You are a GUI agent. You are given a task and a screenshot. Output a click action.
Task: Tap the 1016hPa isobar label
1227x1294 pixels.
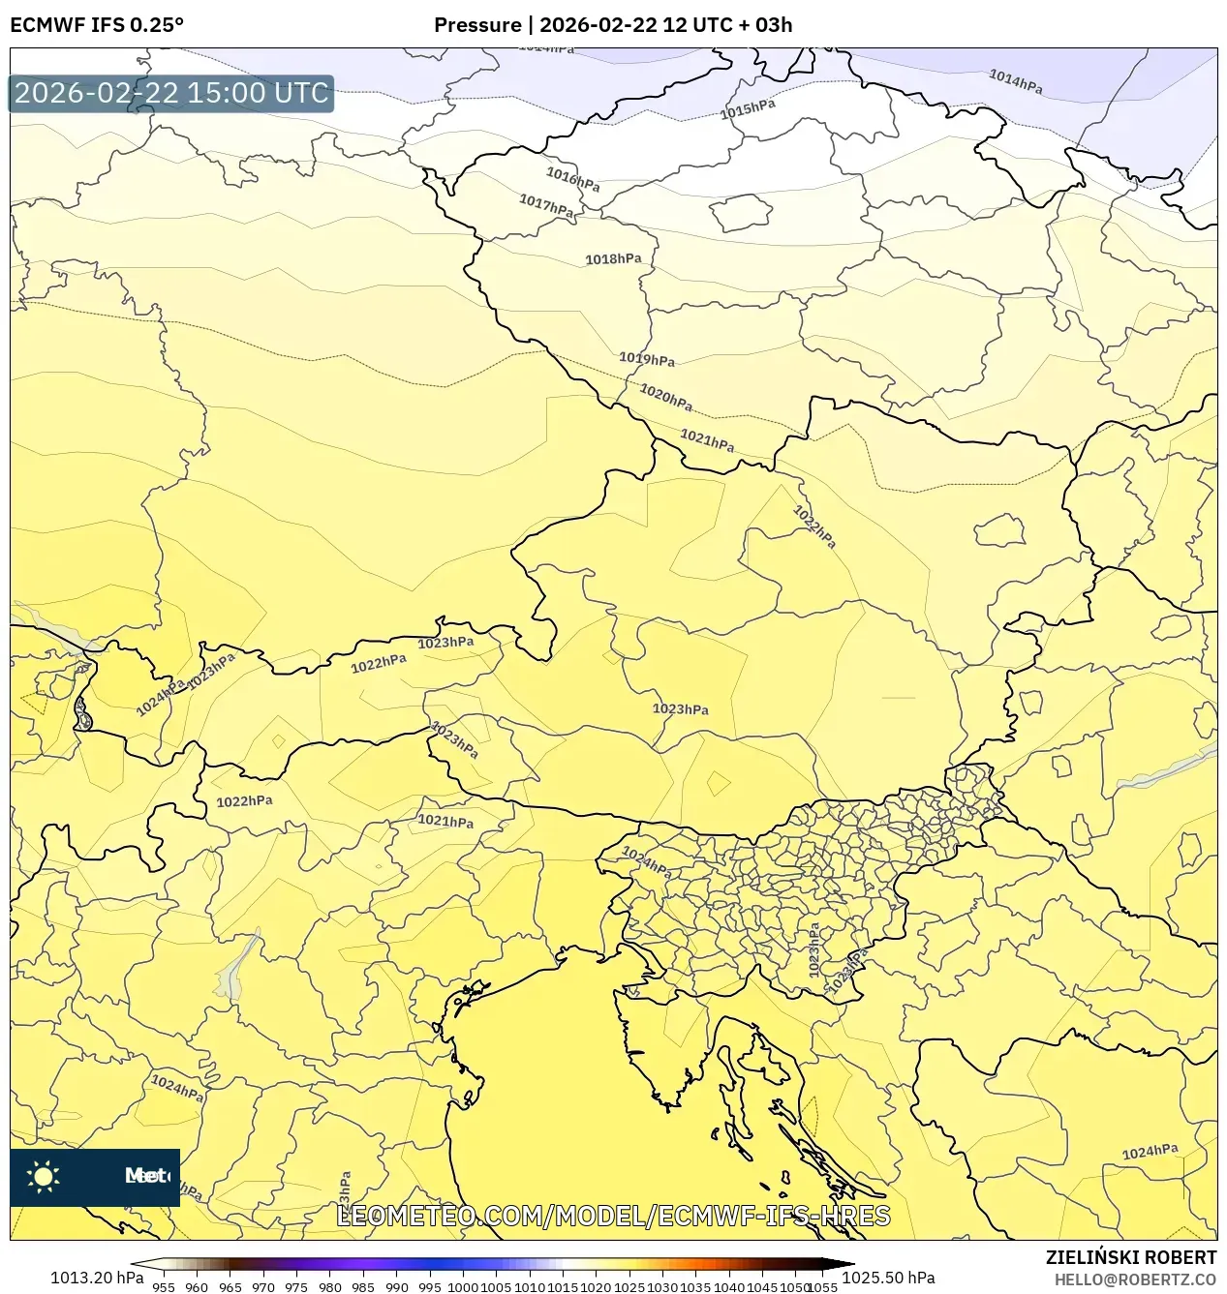point(572,179)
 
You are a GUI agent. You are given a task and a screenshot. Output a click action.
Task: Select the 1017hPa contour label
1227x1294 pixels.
point(546,205)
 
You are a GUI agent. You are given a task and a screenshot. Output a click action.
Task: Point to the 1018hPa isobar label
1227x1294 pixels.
point(613,259)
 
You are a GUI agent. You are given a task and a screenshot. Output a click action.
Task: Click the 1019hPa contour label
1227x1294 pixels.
point(647,359)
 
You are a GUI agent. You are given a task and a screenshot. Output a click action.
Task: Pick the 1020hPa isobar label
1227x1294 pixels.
point(666,397)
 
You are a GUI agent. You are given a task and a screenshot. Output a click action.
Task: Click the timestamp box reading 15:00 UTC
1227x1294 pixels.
point(171,93)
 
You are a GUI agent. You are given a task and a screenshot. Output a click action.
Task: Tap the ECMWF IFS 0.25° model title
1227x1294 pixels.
point(96,25)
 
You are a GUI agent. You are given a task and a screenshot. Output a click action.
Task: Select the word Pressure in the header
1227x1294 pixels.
point(476,25)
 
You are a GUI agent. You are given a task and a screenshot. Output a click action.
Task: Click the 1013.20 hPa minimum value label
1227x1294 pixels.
point(96,1278)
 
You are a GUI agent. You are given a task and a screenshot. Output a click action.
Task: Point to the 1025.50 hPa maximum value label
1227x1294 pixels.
point(888,1278)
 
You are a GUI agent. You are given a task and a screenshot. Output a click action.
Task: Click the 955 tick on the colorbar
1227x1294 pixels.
point(164,1287)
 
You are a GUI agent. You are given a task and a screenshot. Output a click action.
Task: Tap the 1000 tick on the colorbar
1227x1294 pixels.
point(463,1287)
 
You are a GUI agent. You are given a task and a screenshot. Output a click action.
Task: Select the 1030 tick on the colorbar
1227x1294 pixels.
point(662,1287)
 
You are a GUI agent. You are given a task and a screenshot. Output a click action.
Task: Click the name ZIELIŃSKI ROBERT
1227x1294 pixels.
point(1130,1257)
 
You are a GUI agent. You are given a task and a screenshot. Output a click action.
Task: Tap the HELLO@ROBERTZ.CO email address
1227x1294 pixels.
point(1135,1279)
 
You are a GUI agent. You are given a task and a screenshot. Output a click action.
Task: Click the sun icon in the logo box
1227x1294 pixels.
point(44,1177)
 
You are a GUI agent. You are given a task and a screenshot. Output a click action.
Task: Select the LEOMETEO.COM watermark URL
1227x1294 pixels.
point(613,1216)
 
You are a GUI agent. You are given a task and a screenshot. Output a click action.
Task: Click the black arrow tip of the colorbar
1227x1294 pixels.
point(844,1262)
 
